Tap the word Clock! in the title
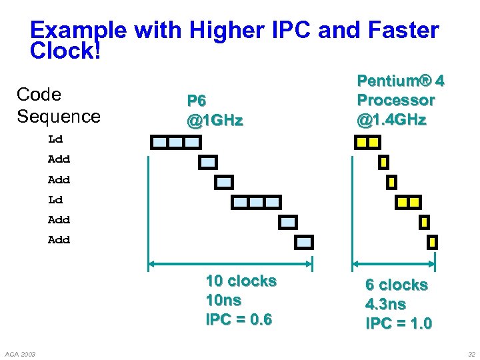[65, 51]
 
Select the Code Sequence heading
[58, 105]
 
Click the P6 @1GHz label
[215, 111]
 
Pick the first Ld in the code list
[55, 139]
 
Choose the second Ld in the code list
[55, 199]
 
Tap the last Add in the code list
[59, 239]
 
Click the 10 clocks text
[241, 281]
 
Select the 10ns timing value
[223, 300]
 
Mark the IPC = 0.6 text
[239, 319]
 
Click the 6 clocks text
[396, 285]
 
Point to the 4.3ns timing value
[385, 304]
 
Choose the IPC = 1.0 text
[398, 324]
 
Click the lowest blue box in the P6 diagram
[304, 242]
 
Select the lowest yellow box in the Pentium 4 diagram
[432, 242]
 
